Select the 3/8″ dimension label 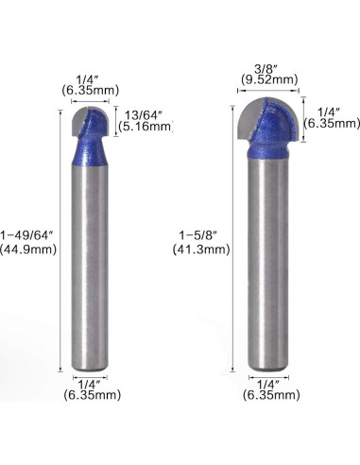click(x=266, y=67)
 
